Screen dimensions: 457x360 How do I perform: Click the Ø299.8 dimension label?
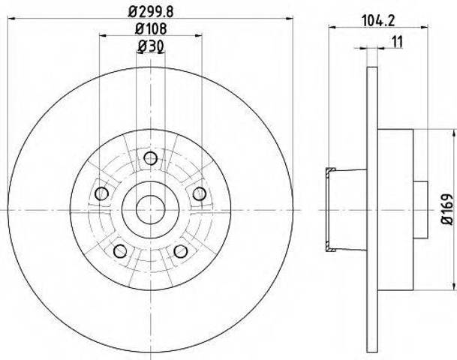[x=151, y=12]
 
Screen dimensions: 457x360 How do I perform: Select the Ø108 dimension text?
[x=151, y=28]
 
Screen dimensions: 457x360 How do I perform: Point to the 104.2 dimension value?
[x=377, y=21]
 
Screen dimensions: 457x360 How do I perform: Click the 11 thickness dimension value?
[x=397, y=42]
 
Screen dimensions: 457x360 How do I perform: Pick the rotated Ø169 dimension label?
[x=448, y=208]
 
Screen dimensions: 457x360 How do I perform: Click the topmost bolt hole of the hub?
[x=151, y=159]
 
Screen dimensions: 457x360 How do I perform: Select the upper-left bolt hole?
[x=102, y=193]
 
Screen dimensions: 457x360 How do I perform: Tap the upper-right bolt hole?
[x=200, y=193]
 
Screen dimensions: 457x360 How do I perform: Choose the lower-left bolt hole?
[x=120, y=251]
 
